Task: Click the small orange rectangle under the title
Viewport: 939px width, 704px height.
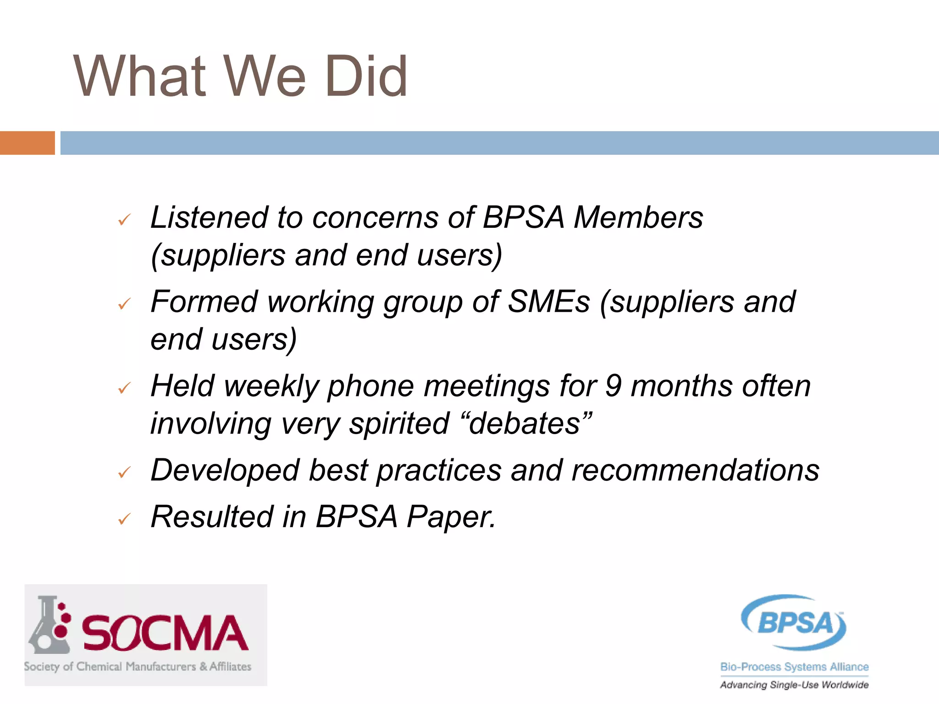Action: (x=27, y=143)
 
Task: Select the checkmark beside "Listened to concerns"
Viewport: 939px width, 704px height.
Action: (x=124, y=220)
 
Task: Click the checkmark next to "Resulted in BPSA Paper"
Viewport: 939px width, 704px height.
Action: (x=124, y=519)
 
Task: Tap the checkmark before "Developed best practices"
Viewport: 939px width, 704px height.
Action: (x=124, y=472)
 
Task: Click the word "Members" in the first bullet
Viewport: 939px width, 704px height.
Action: (x=638, y=217)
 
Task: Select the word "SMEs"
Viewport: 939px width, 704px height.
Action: (x=548, y=302)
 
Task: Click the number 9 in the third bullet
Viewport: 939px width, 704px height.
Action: (x=613, y=386)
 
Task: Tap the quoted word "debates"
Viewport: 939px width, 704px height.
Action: (x=529, y=423)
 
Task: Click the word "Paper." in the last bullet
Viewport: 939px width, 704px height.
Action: (x=451, y=517)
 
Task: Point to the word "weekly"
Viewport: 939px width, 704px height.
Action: (x=271, y=387)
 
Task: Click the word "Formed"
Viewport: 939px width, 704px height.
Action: (x=204, y=302)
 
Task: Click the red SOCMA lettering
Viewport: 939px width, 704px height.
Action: (x=165, y=633)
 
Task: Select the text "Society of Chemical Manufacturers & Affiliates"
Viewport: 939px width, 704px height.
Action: (x=138, y=666)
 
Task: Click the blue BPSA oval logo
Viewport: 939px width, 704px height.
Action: (x=794, y=622)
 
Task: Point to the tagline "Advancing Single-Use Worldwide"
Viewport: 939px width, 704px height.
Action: (x=794, y=685)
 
